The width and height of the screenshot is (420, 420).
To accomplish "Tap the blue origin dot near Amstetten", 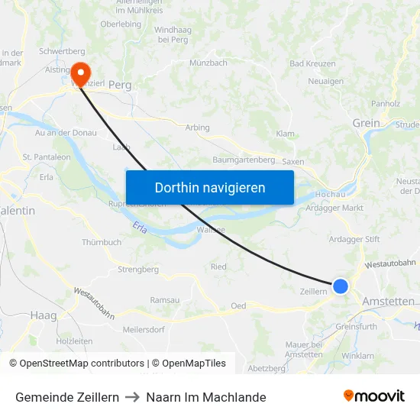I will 341,286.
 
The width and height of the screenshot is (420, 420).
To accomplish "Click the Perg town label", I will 121,86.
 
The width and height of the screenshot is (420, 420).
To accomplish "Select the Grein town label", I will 366,123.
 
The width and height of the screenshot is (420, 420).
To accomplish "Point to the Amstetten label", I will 388,302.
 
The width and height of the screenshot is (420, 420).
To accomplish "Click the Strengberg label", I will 138,270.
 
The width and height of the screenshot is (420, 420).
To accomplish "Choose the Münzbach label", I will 208,63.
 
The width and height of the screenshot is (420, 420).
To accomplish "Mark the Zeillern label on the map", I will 314,291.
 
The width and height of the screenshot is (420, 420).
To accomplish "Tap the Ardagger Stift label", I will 354,239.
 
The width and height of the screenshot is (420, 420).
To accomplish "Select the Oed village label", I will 238,305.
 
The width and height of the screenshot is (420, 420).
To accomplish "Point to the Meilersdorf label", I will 144,330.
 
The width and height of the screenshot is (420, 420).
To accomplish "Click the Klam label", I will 285,134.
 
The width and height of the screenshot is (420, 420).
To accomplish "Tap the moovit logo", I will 374,396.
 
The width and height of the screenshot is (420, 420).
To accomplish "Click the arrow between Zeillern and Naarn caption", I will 132,397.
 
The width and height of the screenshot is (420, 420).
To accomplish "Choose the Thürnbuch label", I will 102,242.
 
